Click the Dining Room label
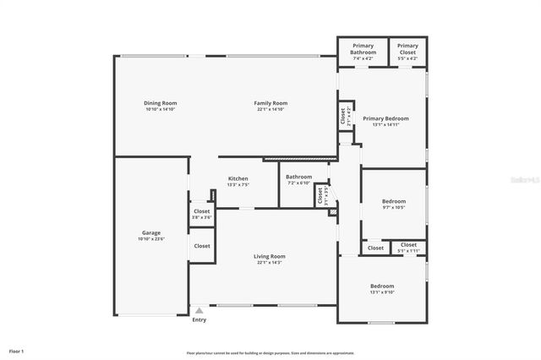tap(160, 103)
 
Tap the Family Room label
tap(271, 103)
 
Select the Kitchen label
tap(238, 178)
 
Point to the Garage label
tap(151, 232)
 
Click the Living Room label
tap(270, 256)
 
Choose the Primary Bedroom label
tap(385, 118)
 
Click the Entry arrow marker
tap(199, 310)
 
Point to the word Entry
tap(199, 319)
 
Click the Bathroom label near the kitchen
tap(299, 177)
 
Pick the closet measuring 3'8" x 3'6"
tap(201, 217)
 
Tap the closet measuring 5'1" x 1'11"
tap(408, 250)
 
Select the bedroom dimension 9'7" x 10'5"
tap(394, 207)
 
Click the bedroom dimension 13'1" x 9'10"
tap(382, 292)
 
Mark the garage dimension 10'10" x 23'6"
tap(151, 238)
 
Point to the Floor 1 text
tap(17, 351)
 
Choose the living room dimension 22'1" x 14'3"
tap(270, 262)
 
